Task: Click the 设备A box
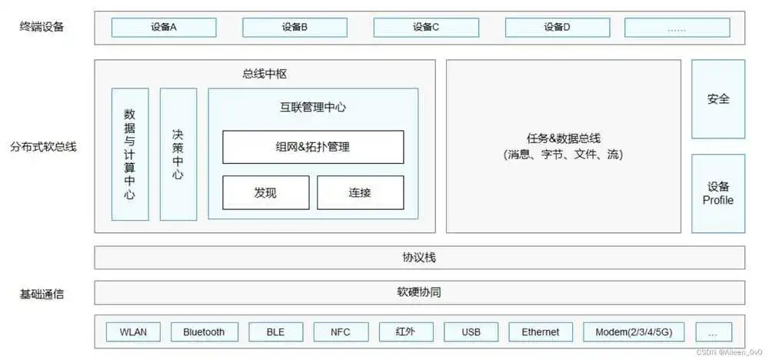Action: [164, 28]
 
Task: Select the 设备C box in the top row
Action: [426, 28]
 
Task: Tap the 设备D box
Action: [558, 28]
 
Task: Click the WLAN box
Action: [133, 332]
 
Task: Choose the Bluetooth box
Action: [205, 332]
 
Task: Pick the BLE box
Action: [275, 332]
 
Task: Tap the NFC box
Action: [341, 332]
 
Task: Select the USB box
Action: [471, 332]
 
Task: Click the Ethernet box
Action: [541, 332]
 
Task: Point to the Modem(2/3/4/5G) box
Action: [634, 332]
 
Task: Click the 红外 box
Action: [406, 332]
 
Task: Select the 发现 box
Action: [266, 193]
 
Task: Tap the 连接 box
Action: [361, 193]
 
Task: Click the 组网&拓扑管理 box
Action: [314, 147]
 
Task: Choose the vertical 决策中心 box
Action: [178, 155]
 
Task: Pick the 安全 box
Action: [718, 99]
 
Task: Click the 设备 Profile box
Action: [718, 194]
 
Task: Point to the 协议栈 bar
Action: [419, 258]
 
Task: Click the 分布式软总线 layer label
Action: [43, 147]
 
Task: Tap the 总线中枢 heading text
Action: [265, 75]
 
